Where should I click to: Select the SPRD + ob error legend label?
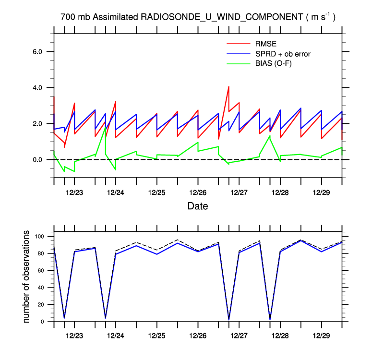coord(283,54)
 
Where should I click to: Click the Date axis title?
coord(197,206)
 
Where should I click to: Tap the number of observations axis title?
coord(27,276)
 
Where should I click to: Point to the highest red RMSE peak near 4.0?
coord(229,87)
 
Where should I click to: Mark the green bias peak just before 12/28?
coord(270,136)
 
